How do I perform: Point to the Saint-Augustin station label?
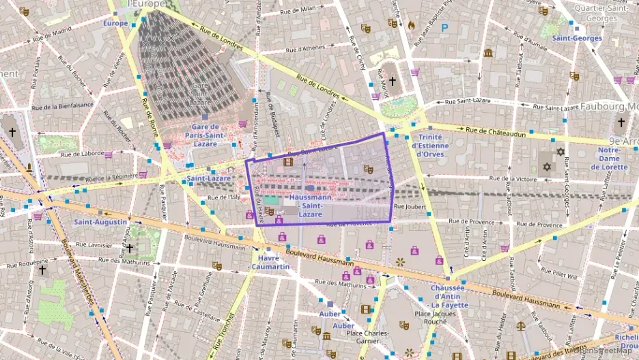point(100,222)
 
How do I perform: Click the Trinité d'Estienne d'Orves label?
point(430,145)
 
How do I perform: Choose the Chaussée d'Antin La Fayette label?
point(449,296)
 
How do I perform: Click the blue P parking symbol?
point(445,28)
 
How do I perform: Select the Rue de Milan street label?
point(298,10)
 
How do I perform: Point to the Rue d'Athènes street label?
point(306,48)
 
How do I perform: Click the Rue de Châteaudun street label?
point(496,130)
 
